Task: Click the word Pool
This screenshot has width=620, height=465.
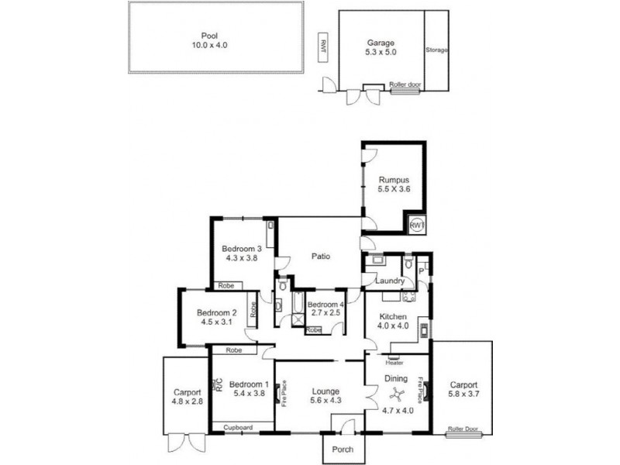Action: coord(209,35)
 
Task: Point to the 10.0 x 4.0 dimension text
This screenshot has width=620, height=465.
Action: coord(209,46)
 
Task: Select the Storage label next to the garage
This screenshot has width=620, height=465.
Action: coord(436,50)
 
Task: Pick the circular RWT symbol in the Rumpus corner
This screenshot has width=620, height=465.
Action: coord(416,224)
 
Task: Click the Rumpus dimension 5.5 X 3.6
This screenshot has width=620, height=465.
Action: coord(393,189)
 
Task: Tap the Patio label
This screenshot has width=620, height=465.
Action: coord(322,256)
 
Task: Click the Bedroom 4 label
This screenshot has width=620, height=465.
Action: coord(325,305)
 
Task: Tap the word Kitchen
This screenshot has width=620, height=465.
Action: coord(393,317)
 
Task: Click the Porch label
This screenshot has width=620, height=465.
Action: coord(342,449)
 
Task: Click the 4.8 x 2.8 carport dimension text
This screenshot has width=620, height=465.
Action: coord(187,401)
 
